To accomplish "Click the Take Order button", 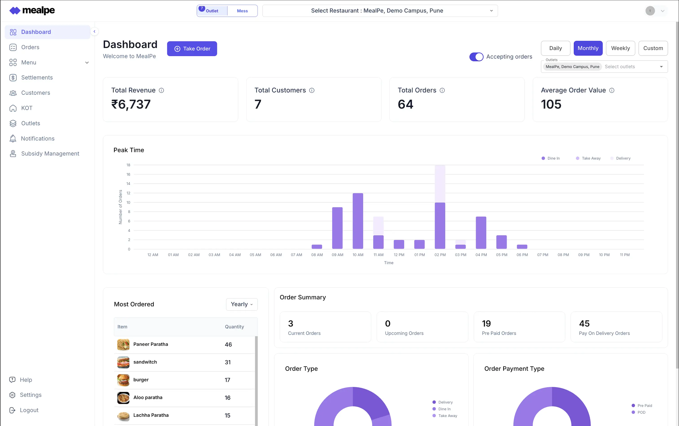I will [192, 49].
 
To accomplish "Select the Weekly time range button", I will [620, 48].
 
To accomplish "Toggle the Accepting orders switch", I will [476, 57].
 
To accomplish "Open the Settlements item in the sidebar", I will [37, 78].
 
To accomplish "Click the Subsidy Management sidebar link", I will [50, 153].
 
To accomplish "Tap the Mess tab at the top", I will [242, 11].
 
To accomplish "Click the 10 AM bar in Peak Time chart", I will [358, 221].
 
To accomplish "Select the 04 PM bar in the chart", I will [481, 233].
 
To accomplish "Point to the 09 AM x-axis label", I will [337, 255].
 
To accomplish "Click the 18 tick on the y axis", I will [128, 165].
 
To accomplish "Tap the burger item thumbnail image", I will [123, 380].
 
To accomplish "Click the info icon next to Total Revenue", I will [161, 91].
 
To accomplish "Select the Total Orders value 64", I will [405, 104].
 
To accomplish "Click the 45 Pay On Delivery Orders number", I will [584, 324].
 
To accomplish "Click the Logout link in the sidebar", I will [29, 410].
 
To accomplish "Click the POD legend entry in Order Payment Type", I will [641, 412].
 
